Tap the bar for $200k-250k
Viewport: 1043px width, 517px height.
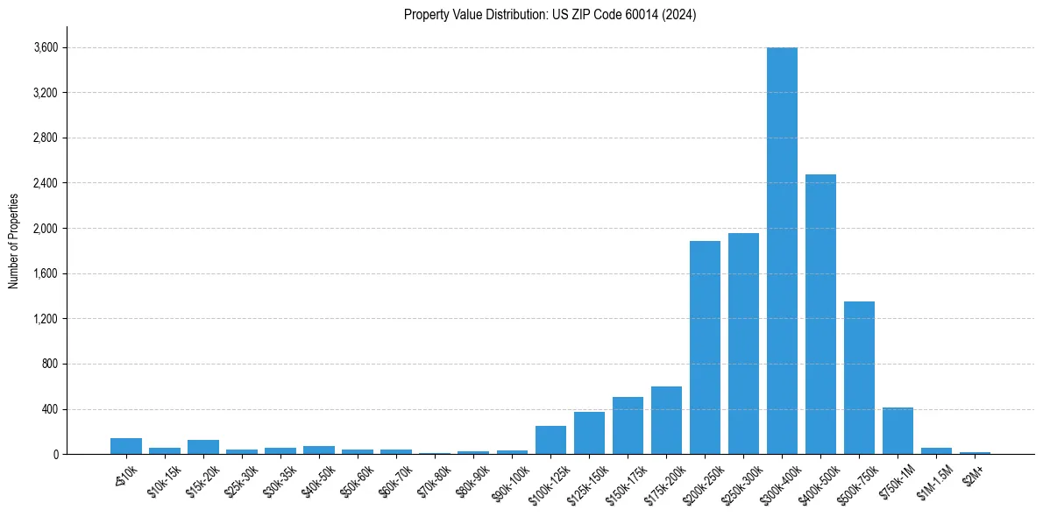pos(705,347)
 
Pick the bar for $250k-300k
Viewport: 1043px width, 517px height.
pos(743,343)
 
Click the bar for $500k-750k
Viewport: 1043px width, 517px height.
pos(859,378)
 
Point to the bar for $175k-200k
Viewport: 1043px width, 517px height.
pos(666,420)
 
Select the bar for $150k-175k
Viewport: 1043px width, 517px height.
pos(628,425)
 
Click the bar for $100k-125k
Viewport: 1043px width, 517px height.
pos(550,440)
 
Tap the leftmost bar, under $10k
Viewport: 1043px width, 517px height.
pos(126,446)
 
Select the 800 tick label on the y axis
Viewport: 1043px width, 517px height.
pos(49,364)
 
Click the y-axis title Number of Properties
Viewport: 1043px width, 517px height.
pos(13,240)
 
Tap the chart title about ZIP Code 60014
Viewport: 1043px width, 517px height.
pos(550,14)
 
